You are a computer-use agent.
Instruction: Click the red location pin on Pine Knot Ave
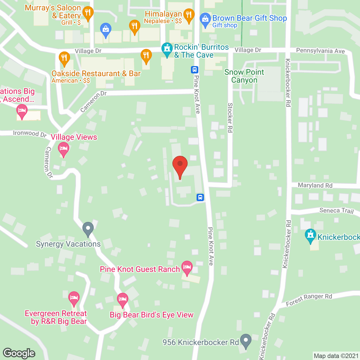(180, 166)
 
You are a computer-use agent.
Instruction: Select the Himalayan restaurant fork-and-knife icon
(189, 15)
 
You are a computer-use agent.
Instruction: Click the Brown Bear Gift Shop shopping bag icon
(205, 19)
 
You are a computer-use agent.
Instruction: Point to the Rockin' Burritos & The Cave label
(201, 51)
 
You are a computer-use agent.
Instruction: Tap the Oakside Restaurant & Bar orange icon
(64, 58)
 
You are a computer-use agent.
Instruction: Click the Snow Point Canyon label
(244, 76)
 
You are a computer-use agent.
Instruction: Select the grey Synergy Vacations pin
(88, 228)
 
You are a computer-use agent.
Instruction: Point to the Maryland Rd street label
(315, 185)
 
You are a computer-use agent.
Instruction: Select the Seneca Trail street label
(336, 211)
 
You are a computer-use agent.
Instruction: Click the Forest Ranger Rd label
(309, 300)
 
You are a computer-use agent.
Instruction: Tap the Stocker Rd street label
(230, 118)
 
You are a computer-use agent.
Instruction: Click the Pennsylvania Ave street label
(320, 51)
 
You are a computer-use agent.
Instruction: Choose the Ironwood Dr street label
(30, 134)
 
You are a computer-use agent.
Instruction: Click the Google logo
(19, 353)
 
